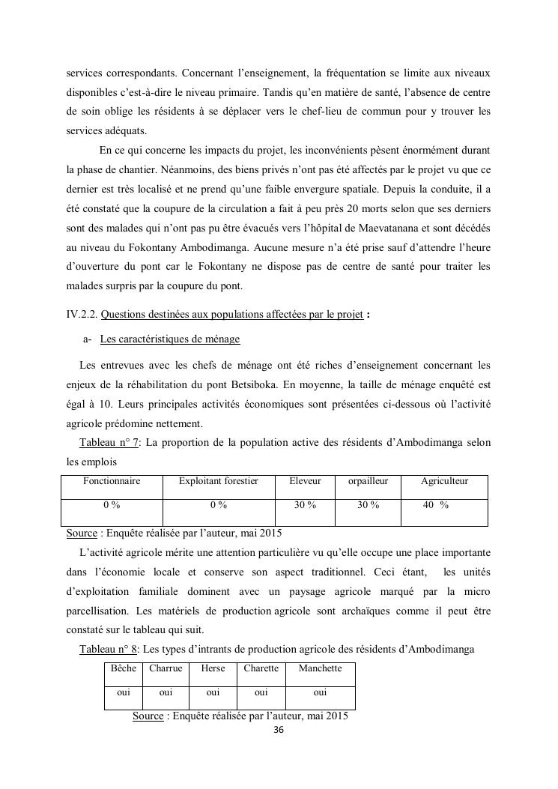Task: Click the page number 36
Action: click(x=279, y=730)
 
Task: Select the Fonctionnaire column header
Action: click(x=112, y=481)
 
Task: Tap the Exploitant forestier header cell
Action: click(x=218, y=481)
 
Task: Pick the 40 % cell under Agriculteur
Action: click(x=435, y=505)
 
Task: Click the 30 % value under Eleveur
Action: click(x=305, y=505)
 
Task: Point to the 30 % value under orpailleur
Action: click(x=368, y=505)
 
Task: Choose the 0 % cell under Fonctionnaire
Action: click(x=112, y=505)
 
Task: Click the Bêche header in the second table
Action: click(x=123, y=668)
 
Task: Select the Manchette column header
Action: click(x=320, y=668)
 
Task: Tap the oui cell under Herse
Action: click(x=213, y=692)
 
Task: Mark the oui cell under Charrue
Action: click(x=166, y=692)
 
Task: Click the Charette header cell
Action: click(x=261, y=668)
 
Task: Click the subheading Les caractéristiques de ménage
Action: click(x=169, y=339)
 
